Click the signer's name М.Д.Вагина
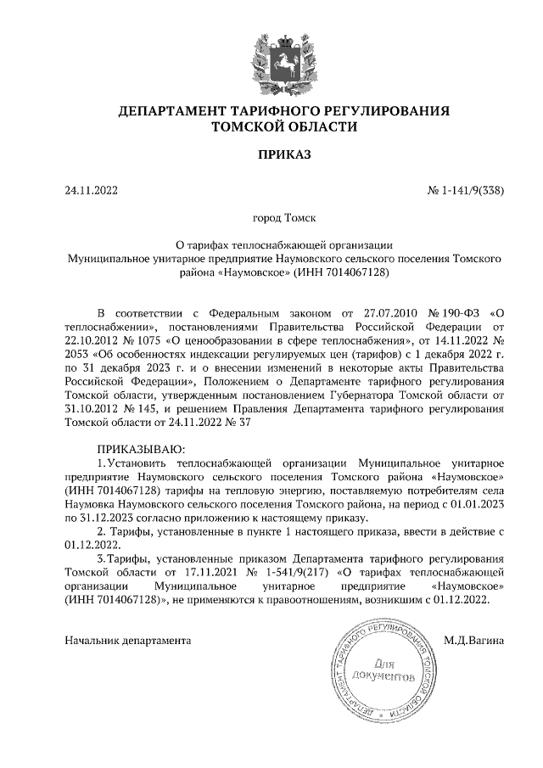[473, 640]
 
